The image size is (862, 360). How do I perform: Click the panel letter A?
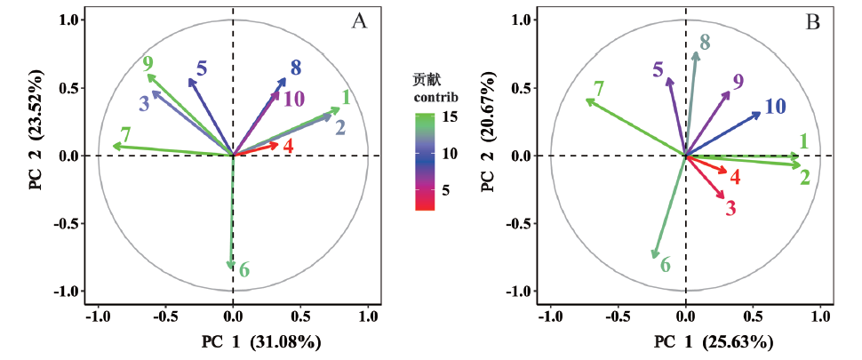click(x=359, y=22)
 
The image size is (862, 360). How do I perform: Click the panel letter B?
click(x=812, y=22)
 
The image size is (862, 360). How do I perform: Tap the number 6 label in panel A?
click(x=244, y=270)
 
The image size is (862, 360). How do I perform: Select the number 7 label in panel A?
click(x=126, y=135)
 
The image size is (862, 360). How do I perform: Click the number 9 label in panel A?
click(x=148, y=63)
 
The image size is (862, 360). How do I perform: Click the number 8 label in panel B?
click(x=705, y=42)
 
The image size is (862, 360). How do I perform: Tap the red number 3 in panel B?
click(x=730, y=209)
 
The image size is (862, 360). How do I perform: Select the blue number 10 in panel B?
click(x=774, y=107)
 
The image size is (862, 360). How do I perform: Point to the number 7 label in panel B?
click(x=599, y=89)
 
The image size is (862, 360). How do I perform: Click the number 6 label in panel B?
click(x=665, y=264)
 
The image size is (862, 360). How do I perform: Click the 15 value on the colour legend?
click(x=451, y=116)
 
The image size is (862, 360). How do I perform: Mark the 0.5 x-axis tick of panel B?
click(x=753, y=316)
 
